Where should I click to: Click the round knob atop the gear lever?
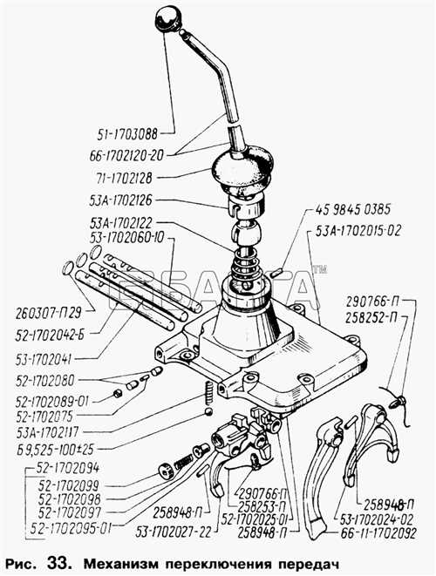point(167,18)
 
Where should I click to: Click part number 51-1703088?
point(126,133)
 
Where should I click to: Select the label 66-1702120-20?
point(126,155)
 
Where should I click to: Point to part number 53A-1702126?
point(120,200)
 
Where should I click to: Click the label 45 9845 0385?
point(352,209)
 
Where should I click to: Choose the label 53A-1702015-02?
point(358,231)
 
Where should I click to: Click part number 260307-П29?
point(49,314)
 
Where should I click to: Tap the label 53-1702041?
point(44,360)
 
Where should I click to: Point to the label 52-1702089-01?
point(51,402)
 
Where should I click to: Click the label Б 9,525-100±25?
point(54,449)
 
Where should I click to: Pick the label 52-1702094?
point(68,468)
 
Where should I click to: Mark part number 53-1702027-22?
point(174,532)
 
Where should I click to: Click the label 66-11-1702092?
point(378,532)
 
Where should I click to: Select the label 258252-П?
point(371,318)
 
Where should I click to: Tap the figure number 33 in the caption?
point(58,563)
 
